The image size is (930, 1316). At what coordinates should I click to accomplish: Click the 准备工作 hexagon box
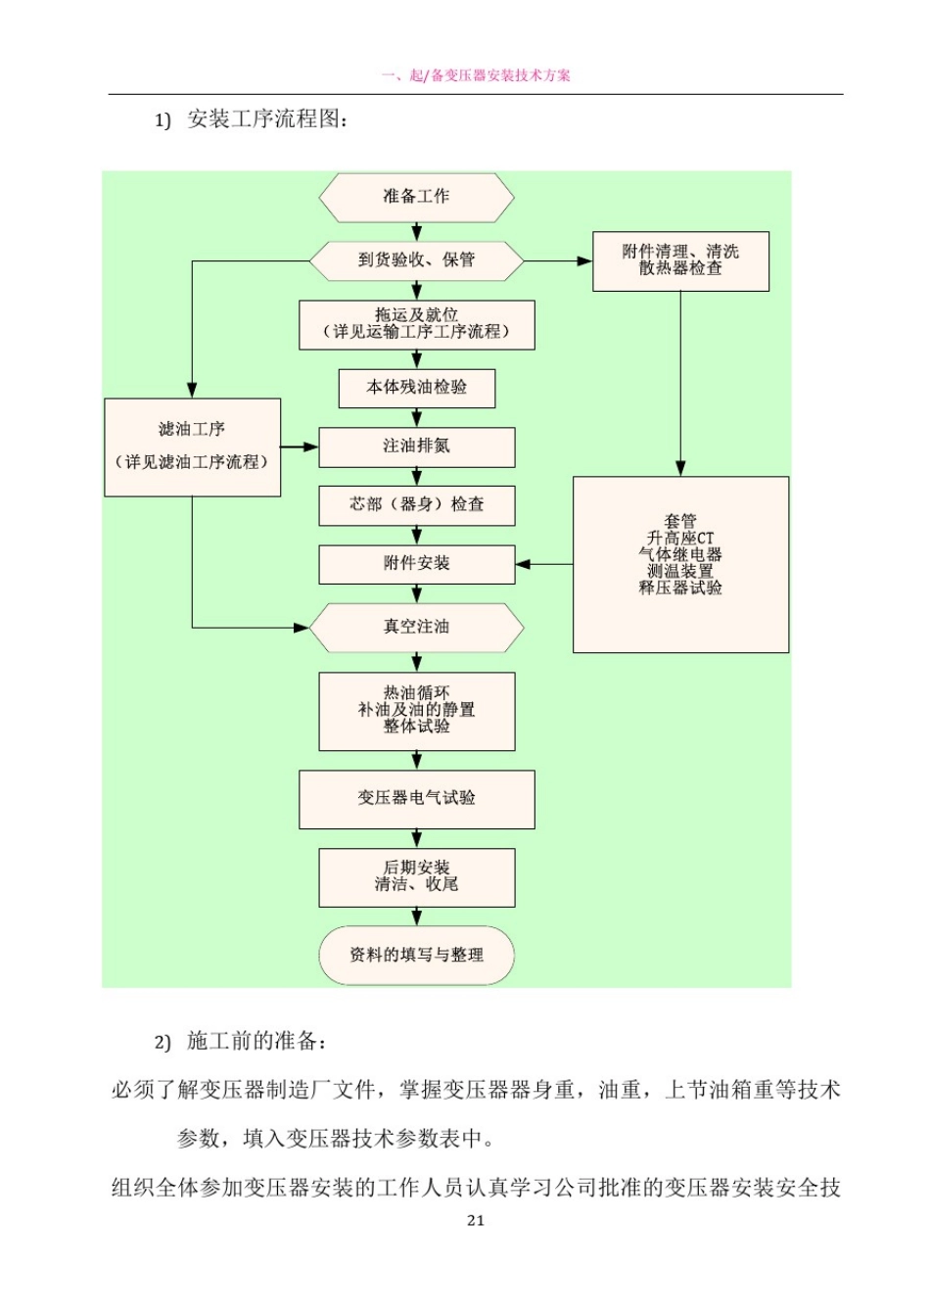416,197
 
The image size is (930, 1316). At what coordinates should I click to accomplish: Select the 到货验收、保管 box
416,260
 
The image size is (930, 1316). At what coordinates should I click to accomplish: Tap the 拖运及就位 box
416,324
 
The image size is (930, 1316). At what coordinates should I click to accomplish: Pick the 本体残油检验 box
416,388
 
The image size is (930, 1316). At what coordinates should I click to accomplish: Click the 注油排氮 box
416,446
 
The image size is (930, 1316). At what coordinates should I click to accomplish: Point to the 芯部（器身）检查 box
416,505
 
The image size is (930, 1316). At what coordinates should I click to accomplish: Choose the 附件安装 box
416,564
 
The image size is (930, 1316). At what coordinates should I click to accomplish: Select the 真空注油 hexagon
416,627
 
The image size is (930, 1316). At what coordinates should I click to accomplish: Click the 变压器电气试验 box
416,799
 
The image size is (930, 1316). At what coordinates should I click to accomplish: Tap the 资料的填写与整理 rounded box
416,955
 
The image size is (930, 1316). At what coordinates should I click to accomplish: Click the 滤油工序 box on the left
192,446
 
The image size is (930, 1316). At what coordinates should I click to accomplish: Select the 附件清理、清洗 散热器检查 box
680,260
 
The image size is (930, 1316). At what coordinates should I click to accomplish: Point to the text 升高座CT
680,538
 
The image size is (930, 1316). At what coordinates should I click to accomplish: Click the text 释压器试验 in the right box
680,587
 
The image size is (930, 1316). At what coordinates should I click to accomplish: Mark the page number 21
476,1220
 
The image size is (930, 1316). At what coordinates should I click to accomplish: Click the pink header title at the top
476,75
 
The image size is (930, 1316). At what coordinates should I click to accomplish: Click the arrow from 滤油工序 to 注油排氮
300,446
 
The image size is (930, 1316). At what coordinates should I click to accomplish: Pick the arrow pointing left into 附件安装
543,564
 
